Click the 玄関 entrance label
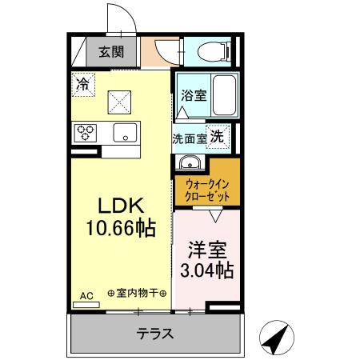click(x=111, y=54)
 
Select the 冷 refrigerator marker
click(x=82, y=82)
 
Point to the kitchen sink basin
click(x=124, y=132)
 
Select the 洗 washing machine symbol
click(x=216, y=136)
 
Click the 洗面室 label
click(x=189, y=138)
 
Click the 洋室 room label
click(x=206, y=250)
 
